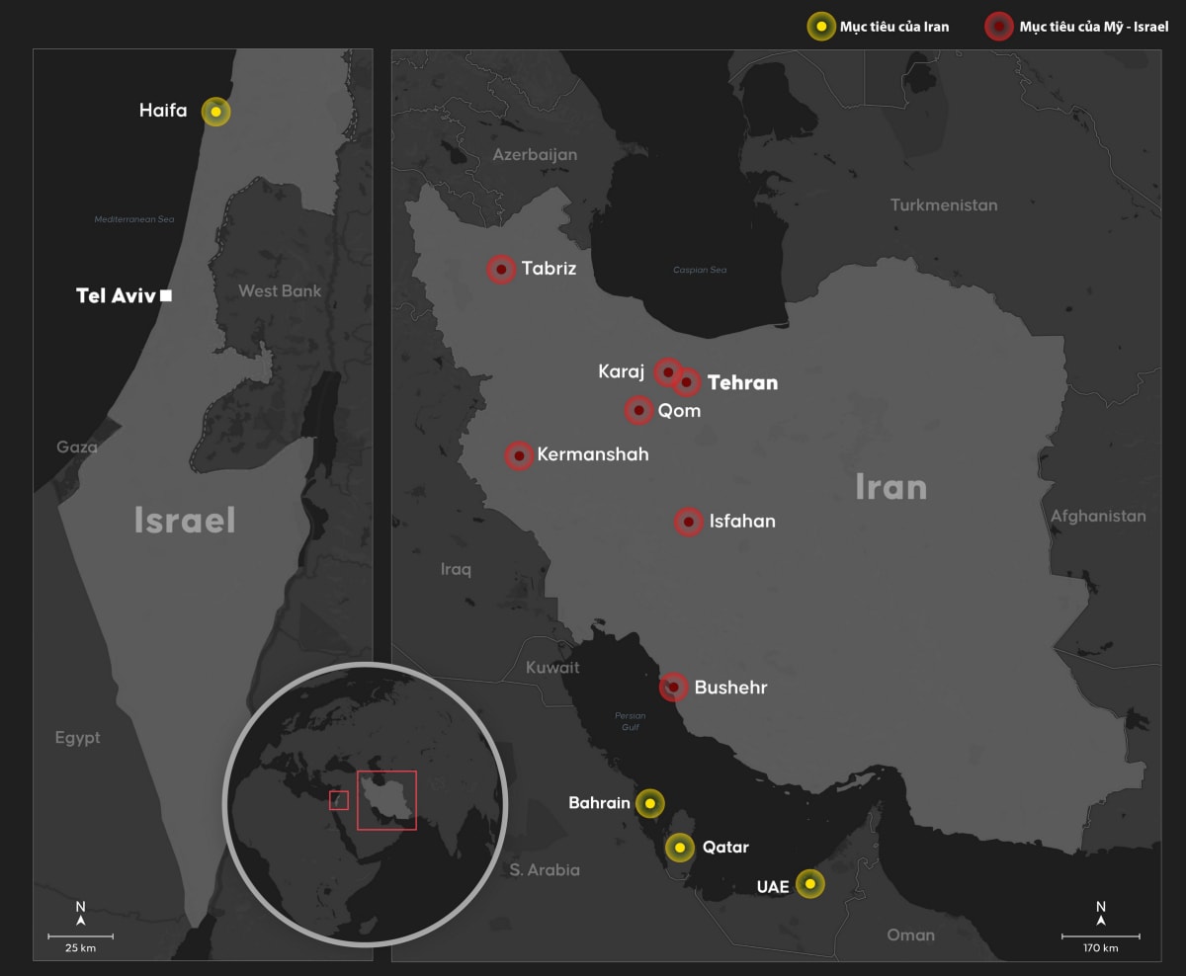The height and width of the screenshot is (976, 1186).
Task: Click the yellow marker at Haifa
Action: coord(215,112)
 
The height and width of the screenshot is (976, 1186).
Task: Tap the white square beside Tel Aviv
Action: coord(166,294)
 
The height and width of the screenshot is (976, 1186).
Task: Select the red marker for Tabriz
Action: coord(501,269)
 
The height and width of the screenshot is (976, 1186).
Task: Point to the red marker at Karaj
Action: coord(668,372)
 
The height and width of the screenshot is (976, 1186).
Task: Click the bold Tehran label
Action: coord(742,382)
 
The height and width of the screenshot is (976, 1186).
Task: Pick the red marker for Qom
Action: coord(638,410)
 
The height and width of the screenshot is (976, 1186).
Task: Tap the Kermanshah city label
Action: coord(593,455)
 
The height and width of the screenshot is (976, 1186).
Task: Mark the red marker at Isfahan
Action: coord(689,522)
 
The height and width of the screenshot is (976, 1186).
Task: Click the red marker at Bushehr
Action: coord(674,687)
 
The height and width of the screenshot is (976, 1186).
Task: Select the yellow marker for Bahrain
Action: coord(649,803)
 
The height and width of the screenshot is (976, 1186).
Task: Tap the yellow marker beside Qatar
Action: coord(679,847)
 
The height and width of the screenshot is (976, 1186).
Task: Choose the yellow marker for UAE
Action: coord(809,884)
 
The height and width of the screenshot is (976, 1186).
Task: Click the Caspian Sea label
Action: coord(700,270)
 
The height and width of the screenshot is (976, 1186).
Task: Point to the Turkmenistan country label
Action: coord(944,205)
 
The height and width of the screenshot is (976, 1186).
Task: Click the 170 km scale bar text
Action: coord(1100,948)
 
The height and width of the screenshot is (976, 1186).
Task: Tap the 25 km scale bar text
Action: coord(80,948)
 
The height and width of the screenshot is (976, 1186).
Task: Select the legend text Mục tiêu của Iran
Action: coord(893,27)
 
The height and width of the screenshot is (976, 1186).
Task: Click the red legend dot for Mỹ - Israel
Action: coord(1000,27)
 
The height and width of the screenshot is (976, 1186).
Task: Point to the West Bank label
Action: coord(280,291)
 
